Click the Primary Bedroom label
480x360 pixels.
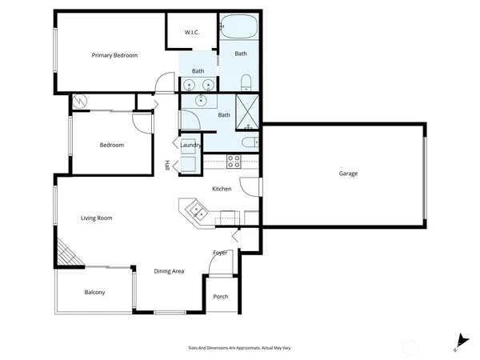tap(114, 55)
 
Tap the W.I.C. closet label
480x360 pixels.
tap(192, 32)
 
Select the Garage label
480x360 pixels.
tap(348, 174)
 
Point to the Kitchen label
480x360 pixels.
tap(222, 189)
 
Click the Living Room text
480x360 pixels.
tap(96, 218)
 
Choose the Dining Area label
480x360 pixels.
tap(169, 271)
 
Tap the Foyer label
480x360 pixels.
tap(220, 253)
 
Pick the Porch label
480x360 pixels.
tap(221, 297)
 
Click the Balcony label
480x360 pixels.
tap(94, 292)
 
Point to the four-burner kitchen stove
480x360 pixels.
tap(234, 159)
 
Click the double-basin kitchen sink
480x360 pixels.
tap(196, 212)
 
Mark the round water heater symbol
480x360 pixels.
tap(80, 101)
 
